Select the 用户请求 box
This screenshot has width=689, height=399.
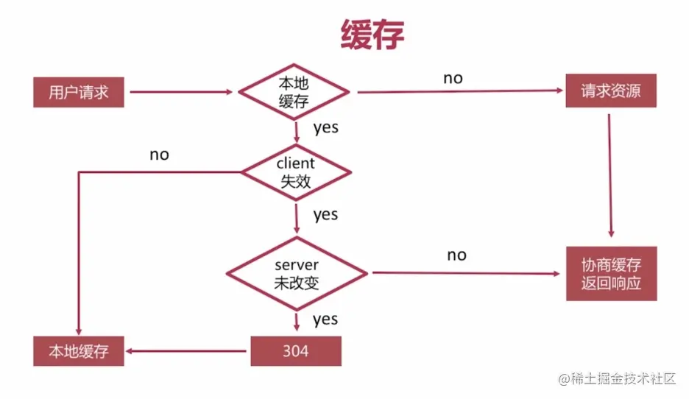click(79, 92)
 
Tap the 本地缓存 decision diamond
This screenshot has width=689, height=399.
click(294, 92)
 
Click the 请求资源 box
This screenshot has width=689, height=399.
click(610, 92)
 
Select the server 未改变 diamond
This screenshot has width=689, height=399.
click(296, 273)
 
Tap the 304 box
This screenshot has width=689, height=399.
click(296, 351)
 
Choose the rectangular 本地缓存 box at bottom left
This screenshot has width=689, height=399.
click(79, 351)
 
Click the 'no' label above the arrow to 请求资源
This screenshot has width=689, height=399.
click(453, 78)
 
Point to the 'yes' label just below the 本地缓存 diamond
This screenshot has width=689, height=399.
click(325, 127)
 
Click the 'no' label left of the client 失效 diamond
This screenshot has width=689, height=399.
click(159, 155)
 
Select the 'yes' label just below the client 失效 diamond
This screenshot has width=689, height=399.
click(325, 215)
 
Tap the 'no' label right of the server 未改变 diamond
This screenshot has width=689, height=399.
click(456, 255)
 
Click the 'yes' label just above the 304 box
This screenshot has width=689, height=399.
click(325, 319)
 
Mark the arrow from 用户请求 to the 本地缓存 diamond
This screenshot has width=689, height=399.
click(180, 93)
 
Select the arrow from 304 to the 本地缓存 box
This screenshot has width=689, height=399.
click(188, 351)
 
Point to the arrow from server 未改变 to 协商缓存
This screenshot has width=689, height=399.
click(464, 273)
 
